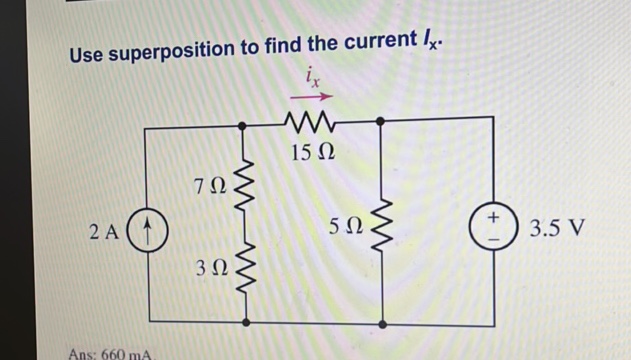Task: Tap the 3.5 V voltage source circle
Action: (x=494, y=227)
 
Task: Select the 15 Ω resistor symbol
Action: (x=311, y=124)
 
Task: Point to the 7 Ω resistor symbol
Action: (x=245, y=180)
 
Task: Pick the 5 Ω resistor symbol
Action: (x=382, y=225)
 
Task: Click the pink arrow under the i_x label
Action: (x=311, y=97)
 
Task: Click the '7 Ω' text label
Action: (x=212, y=185)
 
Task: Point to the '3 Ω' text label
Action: (x=212, y=268)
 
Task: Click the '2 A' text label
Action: (x=104, y=232)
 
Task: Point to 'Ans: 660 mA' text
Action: (x=109, y=353)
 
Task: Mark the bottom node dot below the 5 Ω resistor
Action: (x=382, y=324)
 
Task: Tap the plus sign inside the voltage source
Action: (x=494, y=217)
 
